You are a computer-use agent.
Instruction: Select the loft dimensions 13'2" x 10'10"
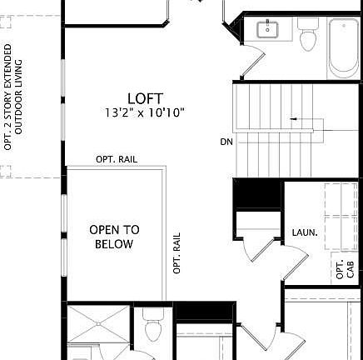[145, 112]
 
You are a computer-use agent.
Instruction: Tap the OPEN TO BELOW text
[114, 237]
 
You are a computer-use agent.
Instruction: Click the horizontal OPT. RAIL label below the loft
[117, 159]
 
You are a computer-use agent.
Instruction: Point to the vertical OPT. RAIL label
[177, 253]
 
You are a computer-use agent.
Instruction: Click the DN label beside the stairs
[226, 142]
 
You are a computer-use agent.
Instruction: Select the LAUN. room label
[304, 232]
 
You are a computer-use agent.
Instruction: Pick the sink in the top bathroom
[268, 31]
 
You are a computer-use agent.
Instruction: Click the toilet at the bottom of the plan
[153, 328]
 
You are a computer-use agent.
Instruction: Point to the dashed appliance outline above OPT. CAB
[341, 217]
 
